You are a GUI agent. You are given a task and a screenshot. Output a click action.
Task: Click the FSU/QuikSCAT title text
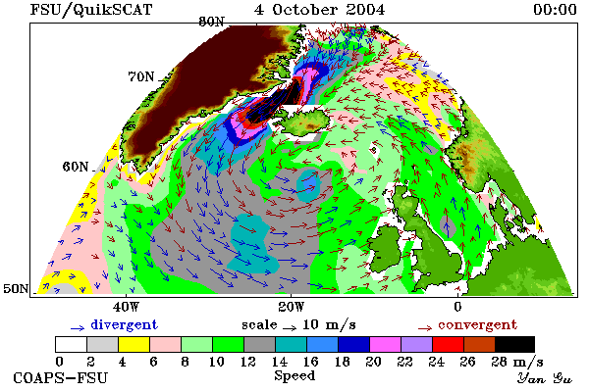[x=91, y=10]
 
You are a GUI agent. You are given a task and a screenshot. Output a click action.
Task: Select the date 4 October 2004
[x=319, y=10]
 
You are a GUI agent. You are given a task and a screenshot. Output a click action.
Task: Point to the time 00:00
[x=555, y=10]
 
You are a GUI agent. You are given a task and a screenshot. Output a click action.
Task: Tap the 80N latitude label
[x=211, y=22]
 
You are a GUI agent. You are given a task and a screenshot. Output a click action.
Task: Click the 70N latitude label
[x=141, y=76]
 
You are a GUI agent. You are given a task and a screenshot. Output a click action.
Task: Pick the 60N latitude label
[x=76, y=167]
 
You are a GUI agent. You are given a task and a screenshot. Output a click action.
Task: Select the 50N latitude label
[x=16, y=288]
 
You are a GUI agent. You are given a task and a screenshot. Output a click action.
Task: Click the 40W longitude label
[x=127, y=307]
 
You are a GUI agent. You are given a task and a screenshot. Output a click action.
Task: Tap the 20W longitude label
[x=292, y=307]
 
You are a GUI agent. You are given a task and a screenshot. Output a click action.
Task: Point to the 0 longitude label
[x=457, y=307]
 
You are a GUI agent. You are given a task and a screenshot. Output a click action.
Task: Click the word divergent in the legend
[x=124, y=324]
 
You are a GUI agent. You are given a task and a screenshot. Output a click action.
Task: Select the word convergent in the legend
[x=477, y=324]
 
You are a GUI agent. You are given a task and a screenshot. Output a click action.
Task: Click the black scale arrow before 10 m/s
[x=290, y=328]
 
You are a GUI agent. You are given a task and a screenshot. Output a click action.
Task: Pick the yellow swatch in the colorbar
[x=134, y=344]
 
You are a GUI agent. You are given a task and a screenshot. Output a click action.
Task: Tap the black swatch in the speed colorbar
[x=514, y=344]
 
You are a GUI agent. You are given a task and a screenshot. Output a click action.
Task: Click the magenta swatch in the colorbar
[x=385, y=344]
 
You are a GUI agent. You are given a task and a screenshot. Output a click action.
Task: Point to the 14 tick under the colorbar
[x=280, y=362]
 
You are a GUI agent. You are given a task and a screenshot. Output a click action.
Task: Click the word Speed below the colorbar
[x=294, y=376]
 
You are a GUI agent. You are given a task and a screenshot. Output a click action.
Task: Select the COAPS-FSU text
[x=61, y=378]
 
